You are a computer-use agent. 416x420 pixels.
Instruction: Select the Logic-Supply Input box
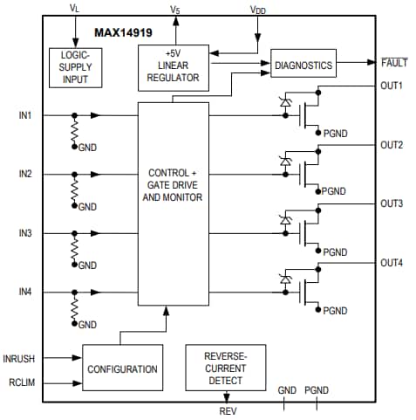75,67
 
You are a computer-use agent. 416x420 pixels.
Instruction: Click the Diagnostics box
303,65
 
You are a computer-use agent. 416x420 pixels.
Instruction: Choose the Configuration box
122,369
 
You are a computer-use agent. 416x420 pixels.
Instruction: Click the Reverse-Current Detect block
226,367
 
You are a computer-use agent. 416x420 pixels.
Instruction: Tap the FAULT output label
394,63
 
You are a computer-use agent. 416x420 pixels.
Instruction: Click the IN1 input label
25,115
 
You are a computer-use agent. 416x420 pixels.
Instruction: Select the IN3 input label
25,234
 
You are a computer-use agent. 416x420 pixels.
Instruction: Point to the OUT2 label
392,145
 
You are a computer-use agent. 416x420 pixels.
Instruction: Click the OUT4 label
392,263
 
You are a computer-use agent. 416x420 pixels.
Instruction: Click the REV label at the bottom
227,410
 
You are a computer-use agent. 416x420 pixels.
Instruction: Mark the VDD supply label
258,10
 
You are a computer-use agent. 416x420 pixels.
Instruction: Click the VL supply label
73,8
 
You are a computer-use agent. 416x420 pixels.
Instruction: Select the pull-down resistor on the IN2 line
74,189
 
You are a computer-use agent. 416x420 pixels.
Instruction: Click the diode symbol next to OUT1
285,102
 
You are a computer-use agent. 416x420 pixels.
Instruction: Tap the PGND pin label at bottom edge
317,390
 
